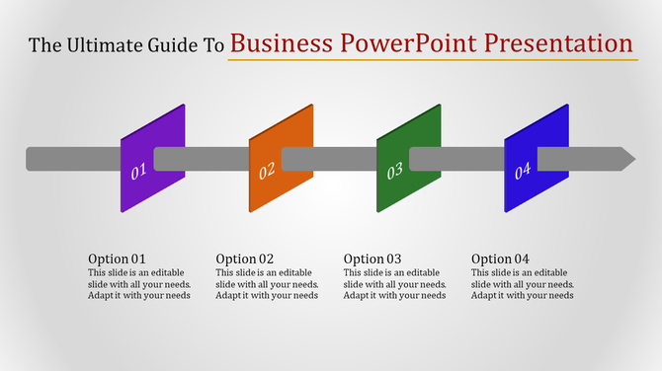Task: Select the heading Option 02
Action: coord(244,260)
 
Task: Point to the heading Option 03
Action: coord(372,260)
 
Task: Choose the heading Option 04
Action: coord(500,260)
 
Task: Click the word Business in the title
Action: coord(283,43)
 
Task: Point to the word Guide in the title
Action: coord(171,45)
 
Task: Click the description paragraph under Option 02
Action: coord(267,284)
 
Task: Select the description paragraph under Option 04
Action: coord(523,284)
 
